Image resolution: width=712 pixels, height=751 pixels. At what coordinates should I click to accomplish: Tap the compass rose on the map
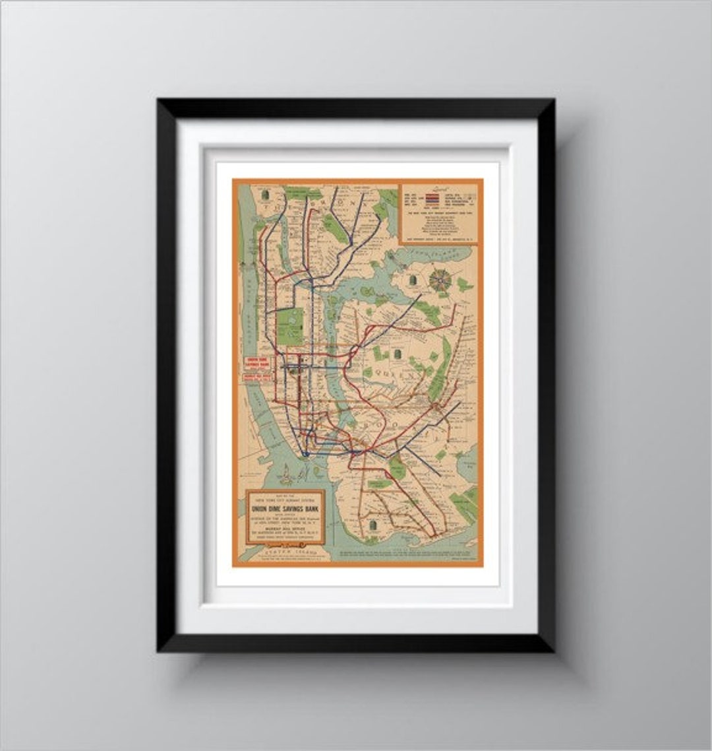[440, 280]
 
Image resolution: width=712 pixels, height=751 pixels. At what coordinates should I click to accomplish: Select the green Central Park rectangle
[289, 326]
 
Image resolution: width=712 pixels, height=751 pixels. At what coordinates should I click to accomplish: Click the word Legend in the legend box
[440, 187]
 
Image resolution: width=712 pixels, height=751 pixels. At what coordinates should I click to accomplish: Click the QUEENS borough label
[400, 374]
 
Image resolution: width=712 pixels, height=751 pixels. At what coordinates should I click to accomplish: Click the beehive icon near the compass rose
[413, 280]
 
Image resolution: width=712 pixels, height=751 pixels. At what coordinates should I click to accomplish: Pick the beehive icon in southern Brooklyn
[374, 525]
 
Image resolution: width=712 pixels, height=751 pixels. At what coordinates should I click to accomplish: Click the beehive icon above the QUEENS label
[398, 355]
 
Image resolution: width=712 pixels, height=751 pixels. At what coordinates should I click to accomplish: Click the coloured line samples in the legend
[433, 197]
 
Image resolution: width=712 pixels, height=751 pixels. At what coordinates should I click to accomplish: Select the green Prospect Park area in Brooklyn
[397, 467]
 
